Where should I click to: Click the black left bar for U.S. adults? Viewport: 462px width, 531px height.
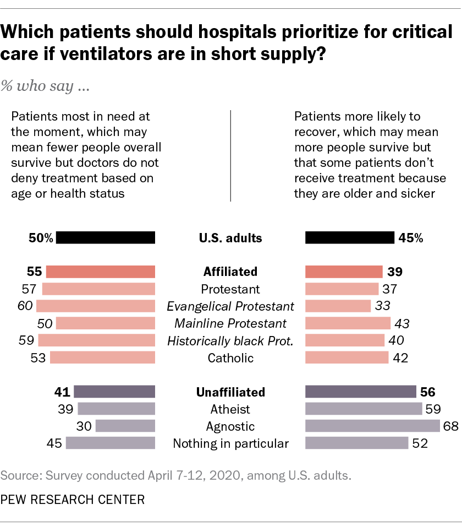(106, 238)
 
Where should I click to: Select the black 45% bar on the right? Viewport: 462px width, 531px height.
(349, 238)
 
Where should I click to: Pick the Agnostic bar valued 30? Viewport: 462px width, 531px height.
(125, 426)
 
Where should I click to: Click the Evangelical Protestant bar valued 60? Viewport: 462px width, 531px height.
(96, 306)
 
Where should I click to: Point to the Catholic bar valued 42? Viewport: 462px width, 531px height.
(346, 357)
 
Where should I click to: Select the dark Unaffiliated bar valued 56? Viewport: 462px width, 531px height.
(360, 392)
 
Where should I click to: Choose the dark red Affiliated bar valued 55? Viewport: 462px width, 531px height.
(101, 272)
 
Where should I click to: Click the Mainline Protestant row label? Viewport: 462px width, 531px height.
(230, 323)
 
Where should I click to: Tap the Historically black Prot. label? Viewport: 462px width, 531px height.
(230, 340)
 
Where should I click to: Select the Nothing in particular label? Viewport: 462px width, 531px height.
(230, 443)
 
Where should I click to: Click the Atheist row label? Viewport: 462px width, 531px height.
(230, 409)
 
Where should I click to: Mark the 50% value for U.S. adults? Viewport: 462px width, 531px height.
(41, 238)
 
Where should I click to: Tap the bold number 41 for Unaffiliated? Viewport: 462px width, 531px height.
(62, 392)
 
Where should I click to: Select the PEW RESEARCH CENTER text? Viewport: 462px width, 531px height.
(73, 500)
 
